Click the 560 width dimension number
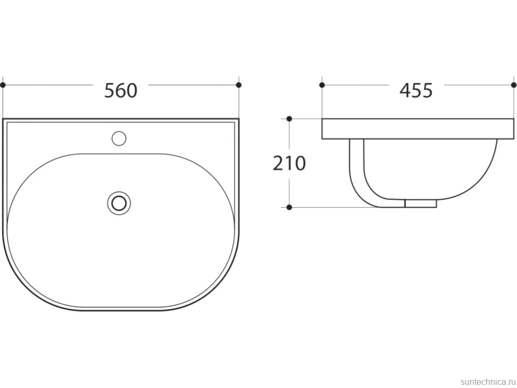(120, 90)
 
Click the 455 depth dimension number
(416, 90)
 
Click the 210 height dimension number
(289, 163)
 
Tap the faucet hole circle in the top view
(119, 139)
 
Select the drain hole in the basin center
(119, 203)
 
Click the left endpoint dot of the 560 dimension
(3, 85)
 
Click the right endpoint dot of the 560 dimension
(239, 85)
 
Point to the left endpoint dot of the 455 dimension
(322, 85)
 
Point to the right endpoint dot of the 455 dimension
(514, 85)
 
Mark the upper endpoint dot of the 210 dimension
(289, 119)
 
